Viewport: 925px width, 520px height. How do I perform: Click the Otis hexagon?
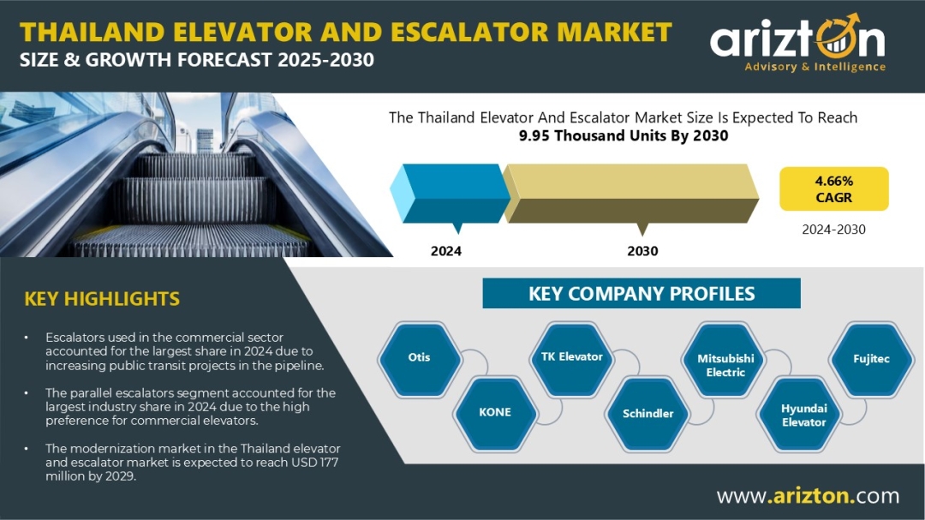pyautogui.click(x=420, y=358)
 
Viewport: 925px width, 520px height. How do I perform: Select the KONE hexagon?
pyautogui.click(x=495, y=413)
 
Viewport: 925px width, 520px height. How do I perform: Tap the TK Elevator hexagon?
pyautogui.click(x=571, y=357)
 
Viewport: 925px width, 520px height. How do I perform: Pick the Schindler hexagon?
pyautogui.click(x=647, y=414)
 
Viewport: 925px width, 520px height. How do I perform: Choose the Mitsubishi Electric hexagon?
pyautogui.click(x=725, y=359)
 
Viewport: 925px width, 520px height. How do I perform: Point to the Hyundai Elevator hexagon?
pyautogui.click(x=803, y=415)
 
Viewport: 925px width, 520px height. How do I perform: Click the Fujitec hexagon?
pyautogui.click(x=871, y=359)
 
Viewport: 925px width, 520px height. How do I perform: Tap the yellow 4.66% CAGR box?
pyautogui.click(x=833, y=188)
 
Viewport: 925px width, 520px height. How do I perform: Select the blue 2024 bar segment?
pyautogui.click(x=451, y=194)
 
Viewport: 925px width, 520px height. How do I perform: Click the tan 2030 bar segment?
pyautogui.click(x=630, y=194)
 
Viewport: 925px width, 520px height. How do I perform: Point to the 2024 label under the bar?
pyautogui.click(x=446, y=251)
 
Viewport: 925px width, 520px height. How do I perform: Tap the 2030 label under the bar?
pyautogui.click(x=642, y=251)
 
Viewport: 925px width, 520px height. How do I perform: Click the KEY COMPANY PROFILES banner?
pyautogui.click(x=642, y=293)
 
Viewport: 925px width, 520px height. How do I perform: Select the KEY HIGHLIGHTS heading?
pyautogui.click(x=102, y=299)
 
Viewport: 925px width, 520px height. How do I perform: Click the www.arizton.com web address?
pyautogui.click(x=808, y=495)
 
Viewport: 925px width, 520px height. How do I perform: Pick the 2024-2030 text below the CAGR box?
pyautogui.click(x=833, y=230)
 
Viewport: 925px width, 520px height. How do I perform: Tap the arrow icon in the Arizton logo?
pyautogui.click(x=838, y=37)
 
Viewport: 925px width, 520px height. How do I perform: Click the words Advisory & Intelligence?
pyautogui.click(x=815, y=67)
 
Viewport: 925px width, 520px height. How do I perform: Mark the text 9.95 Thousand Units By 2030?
pyautogui.click(x=624, y=135)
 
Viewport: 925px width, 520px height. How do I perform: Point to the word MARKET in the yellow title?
pyautogui.click(x=614, y=32)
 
